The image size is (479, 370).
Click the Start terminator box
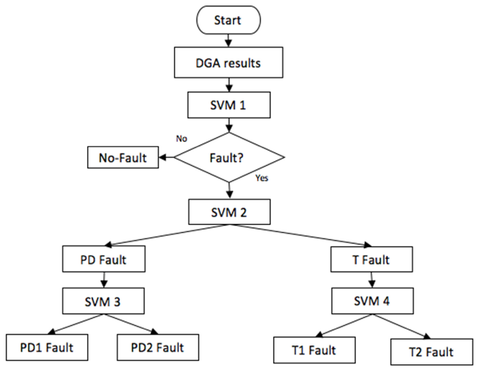[x=228, y=20]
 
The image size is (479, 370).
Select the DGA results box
[x=229, y=62]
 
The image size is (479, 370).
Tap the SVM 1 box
[x=229, y=105]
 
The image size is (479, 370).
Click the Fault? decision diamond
[x=229, y=157]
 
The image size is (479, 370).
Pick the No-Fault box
[x=123, y=157]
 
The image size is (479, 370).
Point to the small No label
[x=181, y=139]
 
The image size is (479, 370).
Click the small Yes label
[x=262, y=178]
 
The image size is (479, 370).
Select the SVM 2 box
[x=229, y=212]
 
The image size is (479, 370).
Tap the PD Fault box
[x=104, y=259]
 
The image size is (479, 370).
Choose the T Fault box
[x=372, y=259]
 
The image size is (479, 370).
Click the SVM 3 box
[x=103, y=301]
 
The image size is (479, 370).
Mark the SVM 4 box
[x=372, y=301]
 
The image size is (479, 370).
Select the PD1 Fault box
[x=47, y=347]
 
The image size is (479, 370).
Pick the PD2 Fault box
[x=158, y=347]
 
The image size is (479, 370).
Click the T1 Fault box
[x=314, y=350]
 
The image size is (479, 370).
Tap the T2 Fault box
[x=432, y=352]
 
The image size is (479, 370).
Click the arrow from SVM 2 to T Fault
[x=300, y=235]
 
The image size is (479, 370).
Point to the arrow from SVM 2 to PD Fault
[x=167, y=235]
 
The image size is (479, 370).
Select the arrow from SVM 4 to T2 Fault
[x=402, y=327]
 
